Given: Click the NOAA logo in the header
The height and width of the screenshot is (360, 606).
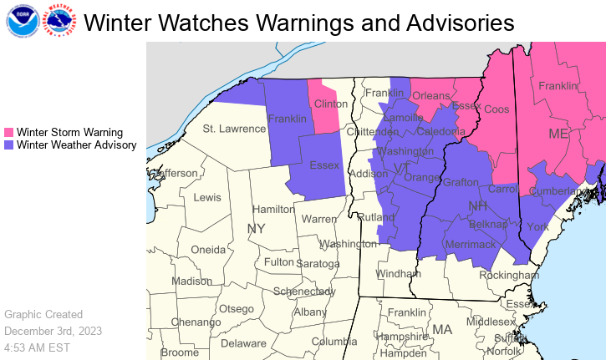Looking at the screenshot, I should tap(21, 22).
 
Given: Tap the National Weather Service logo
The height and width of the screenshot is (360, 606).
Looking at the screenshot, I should tap(58, 22).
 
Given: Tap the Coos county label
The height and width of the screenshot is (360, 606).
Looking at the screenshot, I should tap(497, 109).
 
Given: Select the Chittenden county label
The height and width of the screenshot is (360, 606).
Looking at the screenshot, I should tap(373, 132).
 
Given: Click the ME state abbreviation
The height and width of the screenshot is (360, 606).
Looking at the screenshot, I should tap(558, 134).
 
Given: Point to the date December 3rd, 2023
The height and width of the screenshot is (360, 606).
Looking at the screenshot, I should tap(53, 331).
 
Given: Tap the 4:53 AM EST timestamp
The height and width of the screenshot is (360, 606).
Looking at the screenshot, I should tap(37, 347).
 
